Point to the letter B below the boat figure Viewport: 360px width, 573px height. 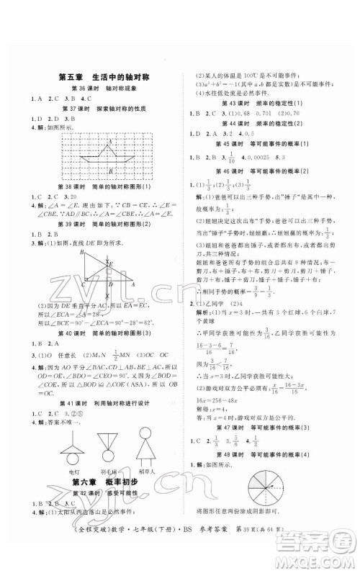(x=110, y=172)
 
